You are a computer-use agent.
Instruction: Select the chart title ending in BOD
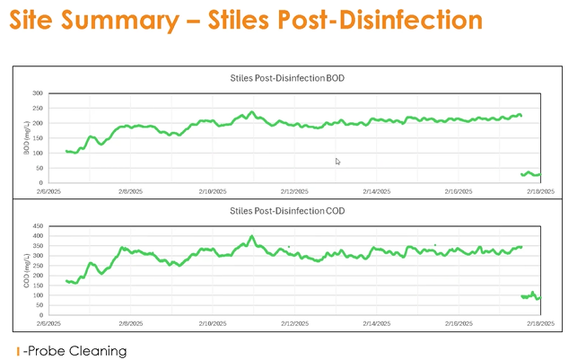tap(287, 78)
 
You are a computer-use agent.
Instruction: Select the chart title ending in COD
tap(287, 212)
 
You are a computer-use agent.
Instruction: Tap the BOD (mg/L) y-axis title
tap(26, 137)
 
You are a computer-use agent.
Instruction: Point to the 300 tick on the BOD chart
tap(38, 93)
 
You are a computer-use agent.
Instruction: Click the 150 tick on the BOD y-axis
tap(38, 137)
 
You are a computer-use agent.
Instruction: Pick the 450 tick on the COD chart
tap(38, 225)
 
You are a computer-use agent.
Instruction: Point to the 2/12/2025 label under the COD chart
tap(294, 322)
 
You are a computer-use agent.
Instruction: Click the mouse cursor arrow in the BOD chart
tap(337, 162)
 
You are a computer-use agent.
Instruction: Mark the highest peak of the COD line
tap(252, 237)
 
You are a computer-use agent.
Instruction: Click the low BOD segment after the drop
tap(530, 173)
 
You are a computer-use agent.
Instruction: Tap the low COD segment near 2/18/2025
tap(530, 295)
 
